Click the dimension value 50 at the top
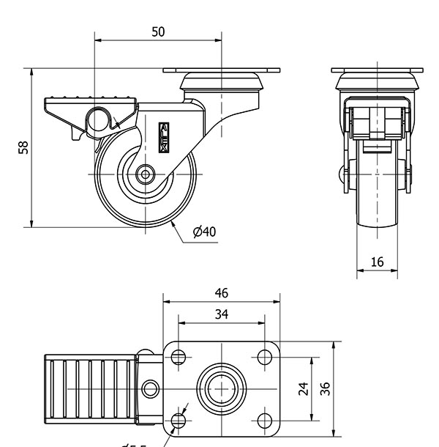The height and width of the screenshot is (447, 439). click(x=158, y=32)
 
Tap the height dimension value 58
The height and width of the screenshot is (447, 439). click(x=23, y=147)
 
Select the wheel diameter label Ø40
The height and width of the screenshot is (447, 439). click(x=204, y=232)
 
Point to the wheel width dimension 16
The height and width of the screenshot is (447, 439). click(x=377, y=262)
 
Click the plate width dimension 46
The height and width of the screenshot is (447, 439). click(x=221, y=293)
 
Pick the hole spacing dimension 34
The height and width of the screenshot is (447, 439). click(x=221, y=314)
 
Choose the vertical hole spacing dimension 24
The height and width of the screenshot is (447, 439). click(x=303, y=388)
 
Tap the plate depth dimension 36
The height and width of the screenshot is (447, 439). click(x=325, y=388)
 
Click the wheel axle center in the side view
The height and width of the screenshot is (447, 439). click(x=145, y=175)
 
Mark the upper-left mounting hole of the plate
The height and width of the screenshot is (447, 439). click(x=178, y=358)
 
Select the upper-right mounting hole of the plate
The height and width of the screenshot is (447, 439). click(x=264, y=358)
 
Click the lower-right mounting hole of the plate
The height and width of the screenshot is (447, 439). click(x=264, y=420)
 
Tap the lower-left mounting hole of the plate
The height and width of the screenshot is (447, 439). click(x=178, y=420)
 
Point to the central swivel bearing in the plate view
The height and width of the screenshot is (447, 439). click(x=220, y=388)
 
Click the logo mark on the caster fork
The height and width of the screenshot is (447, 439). click(x=164, y=136)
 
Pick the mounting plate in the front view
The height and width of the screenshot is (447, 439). click(x=378, y=70)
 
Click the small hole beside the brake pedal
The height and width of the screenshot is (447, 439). click(x=151, y=388)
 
